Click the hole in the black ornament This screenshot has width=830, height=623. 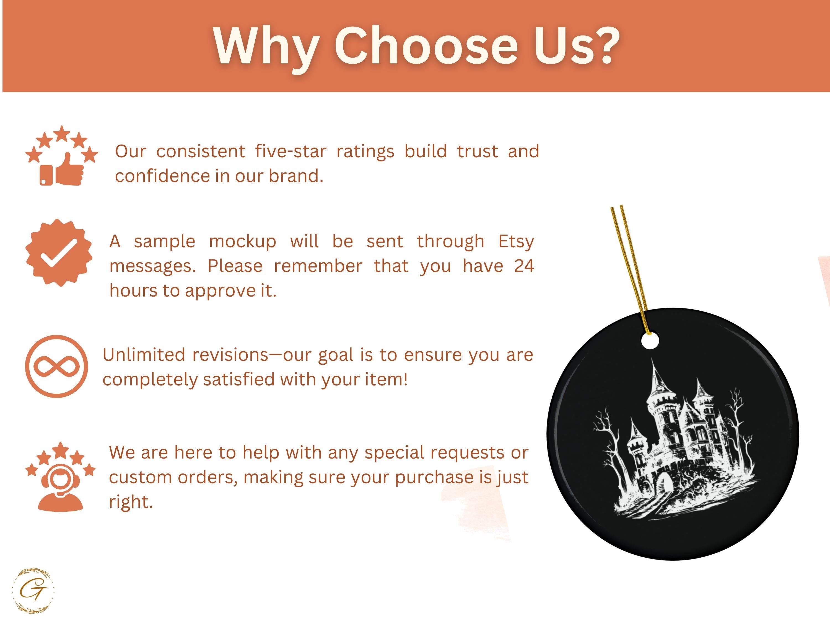pos(650,341)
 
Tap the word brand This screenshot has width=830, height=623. pos(296,176)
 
